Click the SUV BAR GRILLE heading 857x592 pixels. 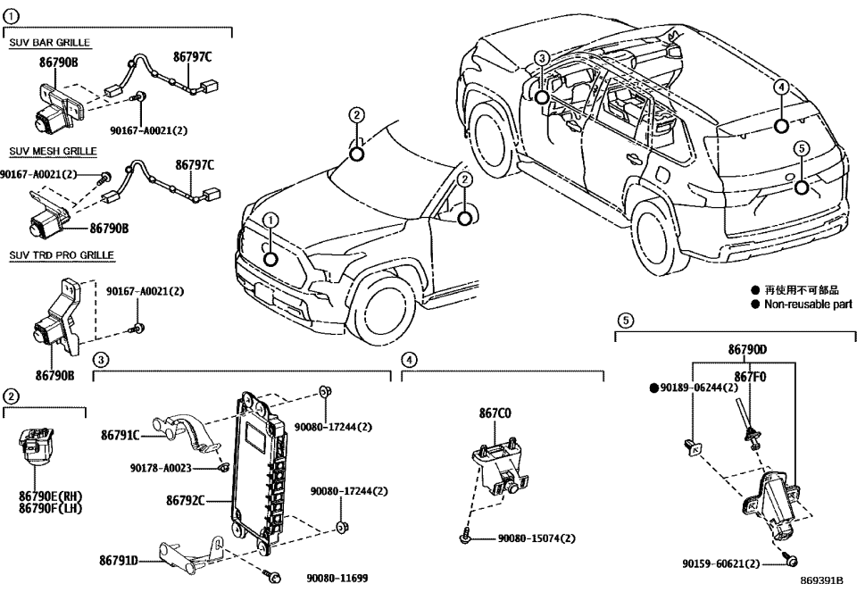pos(49,43)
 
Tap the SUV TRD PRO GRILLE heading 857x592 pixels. pos(61,255)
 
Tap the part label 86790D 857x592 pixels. pos(746,353)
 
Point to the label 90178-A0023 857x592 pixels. pos(160,467)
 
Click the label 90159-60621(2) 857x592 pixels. pos(721,564)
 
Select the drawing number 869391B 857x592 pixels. pos(821,580)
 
